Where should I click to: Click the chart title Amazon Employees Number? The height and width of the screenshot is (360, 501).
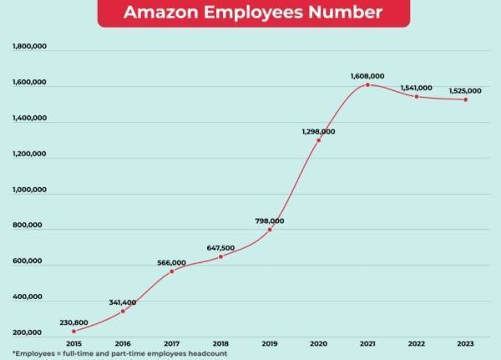(253, 13)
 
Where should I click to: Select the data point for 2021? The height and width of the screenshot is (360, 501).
(367, 84)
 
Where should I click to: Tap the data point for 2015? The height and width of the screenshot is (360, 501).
(73, 331)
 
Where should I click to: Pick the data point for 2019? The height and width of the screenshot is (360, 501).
(270, 230)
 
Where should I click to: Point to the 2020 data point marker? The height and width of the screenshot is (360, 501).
(318, 140)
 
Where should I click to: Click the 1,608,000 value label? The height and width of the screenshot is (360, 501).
(367, 76)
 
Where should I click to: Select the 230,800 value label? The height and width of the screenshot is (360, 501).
(73, 322)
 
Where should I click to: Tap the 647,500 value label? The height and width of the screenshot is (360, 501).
(220, 247)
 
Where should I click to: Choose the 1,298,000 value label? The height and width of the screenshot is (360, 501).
(318, 131)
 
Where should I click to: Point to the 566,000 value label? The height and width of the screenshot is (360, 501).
(171, 262)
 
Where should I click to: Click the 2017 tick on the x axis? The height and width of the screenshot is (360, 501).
(171, 342)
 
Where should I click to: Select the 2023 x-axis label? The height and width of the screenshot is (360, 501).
(465, 342)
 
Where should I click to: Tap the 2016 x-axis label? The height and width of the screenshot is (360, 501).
(123, 342)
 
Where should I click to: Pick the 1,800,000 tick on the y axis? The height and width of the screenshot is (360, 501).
(29, 48)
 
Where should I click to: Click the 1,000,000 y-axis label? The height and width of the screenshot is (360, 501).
(29, 190)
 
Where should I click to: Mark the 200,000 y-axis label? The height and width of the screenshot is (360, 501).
(29, 333)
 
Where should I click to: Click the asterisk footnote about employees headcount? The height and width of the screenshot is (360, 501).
(119, 353)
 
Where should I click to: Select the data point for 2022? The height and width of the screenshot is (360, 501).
(417, 96)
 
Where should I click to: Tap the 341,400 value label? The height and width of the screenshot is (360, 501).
(123, 302)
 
